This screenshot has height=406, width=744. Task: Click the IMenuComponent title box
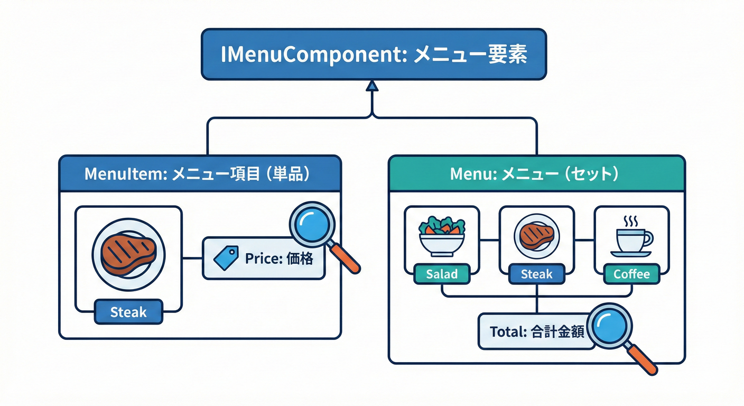pyautogui.click(x=374, y=54)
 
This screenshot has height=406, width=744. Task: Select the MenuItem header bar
pyautogui.click(x=200, y=173)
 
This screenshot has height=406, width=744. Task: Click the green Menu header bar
pyautogui.click(x=536, y=173)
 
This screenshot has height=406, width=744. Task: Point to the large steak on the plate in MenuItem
pyautogui.click(x=128, y=253)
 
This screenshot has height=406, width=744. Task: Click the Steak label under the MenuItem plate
pyautogui.click(x=128, y=312)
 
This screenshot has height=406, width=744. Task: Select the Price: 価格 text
pyautogui.click(x=279, y=259)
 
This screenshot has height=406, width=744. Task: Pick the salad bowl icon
pyautogui.click(x=441, y=235)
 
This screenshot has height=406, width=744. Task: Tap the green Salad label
pyautogui.click(x=441, y=274)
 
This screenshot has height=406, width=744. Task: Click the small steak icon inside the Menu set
pyautogui.click(x=536, y=236)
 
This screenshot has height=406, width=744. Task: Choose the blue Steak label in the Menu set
pyautogui.click(x=536, y=274)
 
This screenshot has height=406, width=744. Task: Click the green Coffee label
pyautogui.click(x=631, y=274)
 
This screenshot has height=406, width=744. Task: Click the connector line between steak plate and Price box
pyautogui.click(x=192, y=259)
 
